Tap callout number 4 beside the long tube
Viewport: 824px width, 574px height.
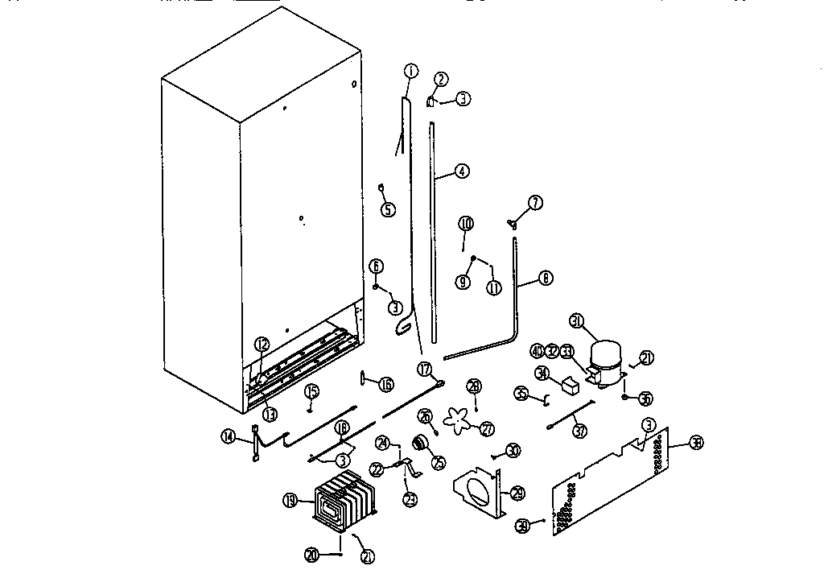pyautogui.click(x=461, y=171)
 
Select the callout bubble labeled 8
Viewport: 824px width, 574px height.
pyautogui.click(x=546, y=279)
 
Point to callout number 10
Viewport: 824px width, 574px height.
pyautogui.click(x=466, y=223)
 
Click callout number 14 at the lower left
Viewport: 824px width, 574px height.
pyautogui.click(x=229, y=436)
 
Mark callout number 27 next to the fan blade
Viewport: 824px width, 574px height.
pyautogui.click(x=486, y=429)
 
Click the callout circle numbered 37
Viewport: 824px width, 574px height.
pyautogui.click(x=580, y=431)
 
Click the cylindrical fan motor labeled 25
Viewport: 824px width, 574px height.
pyautogui.click(x=418, y=442)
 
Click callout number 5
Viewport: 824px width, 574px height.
pyautogui.click(x=388, y=210)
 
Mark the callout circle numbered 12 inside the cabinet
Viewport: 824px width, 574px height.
pyautogui.click(x=262, y=345)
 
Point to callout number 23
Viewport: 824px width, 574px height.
pyautogui.click(x=410, y=499)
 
